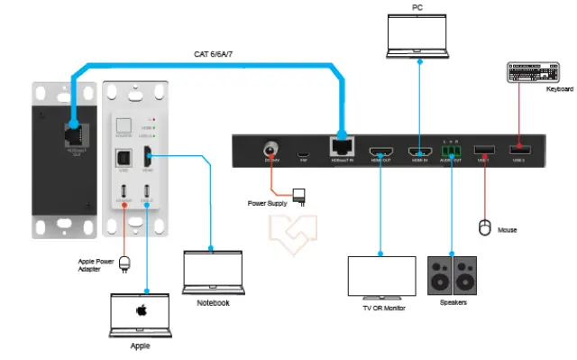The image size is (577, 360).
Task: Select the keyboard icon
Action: click(x=535, y=74)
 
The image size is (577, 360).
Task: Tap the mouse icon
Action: click(x=483, y=226)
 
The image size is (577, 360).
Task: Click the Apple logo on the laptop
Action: click(x=141, y=310)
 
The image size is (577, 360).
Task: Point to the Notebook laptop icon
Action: click(x=210, y=272)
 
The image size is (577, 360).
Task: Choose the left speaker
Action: click(x=439, y=274)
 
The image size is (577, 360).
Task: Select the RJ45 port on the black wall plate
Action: click(x=69, y=132)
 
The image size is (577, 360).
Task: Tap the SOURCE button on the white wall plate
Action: click(x=124, y=127)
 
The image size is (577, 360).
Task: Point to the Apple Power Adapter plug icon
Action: click(x=125, y=263)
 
